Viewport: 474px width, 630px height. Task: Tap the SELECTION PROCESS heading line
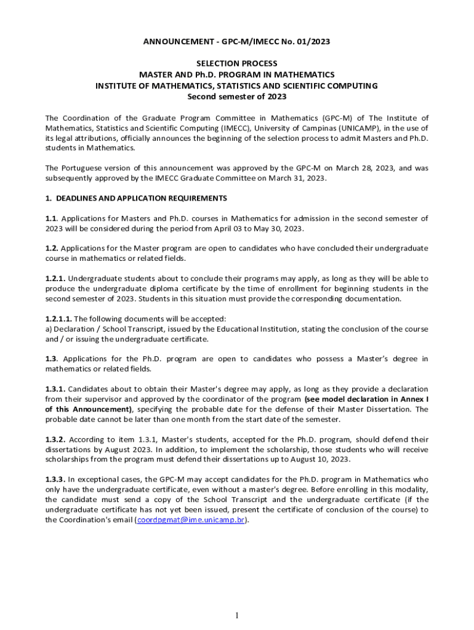[x=236, y=63]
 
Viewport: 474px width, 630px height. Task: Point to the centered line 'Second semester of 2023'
[x=236, y=97]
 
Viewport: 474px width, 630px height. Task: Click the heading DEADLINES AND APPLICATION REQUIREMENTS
[x=141, y=198]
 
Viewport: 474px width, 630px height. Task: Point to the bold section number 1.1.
[x=52, y=218]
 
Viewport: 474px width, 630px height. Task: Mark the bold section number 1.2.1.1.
[x=58, y=319]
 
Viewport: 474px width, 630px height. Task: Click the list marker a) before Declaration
[x=49, y=329]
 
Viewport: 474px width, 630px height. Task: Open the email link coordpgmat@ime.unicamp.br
[x=191, y=519]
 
